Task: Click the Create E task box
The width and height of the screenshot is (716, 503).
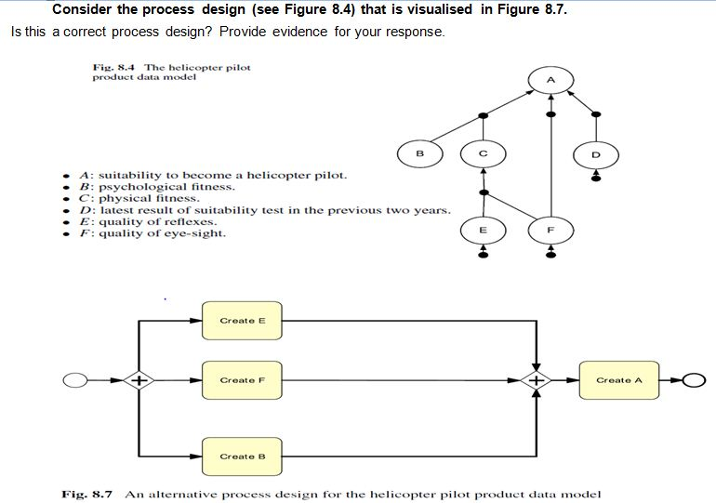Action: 243,321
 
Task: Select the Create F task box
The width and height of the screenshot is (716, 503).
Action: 243,380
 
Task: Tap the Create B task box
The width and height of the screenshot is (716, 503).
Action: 243,457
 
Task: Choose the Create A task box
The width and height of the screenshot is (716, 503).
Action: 618,380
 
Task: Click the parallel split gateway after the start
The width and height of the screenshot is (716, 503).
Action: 139,380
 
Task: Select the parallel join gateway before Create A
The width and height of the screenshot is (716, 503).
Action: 537,380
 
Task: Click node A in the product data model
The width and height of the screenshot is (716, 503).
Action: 550,81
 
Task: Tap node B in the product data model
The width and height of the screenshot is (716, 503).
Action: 419,152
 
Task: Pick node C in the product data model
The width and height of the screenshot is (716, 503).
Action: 482,152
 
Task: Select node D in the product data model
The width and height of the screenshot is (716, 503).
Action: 596,152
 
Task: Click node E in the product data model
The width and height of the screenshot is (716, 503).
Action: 482,229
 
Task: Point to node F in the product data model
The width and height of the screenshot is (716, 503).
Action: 550,229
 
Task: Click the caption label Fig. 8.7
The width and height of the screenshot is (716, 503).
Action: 86,494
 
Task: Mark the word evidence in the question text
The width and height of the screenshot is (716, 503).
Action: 304,32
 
